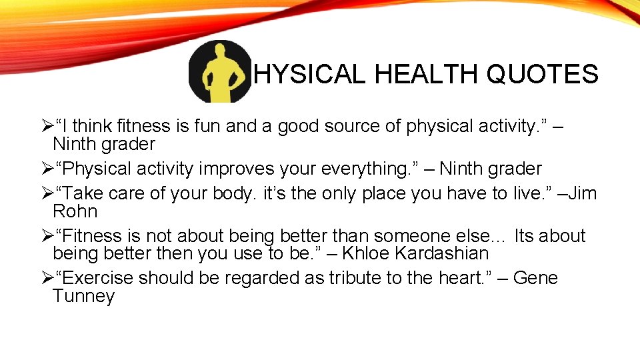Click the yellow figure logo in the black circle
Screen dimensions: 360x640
click(x=220, y=72)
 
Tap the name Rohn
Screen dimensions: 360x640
click(x=75, y=212)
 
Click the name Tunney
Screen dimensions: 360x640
click(x=83, y=296)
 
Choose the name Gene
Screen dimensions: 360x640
click(x=535, y=278)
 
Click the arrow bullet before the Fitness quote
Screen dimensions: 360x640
click(x=46, y=237)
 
